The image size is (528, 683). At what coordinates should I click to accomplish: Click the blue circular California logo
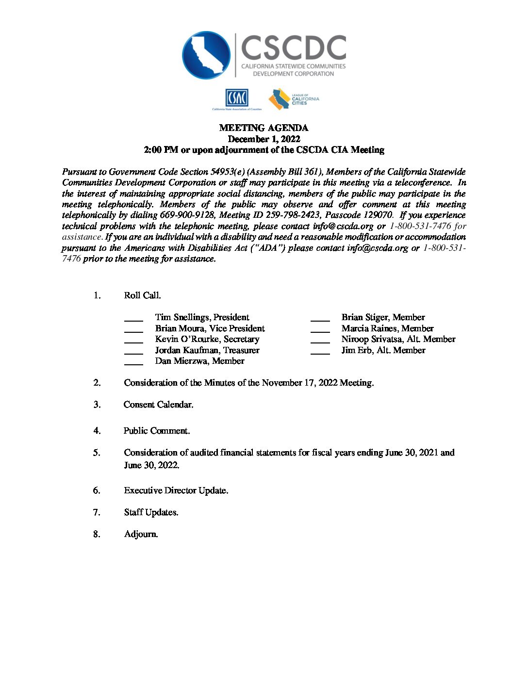tap(206, 55)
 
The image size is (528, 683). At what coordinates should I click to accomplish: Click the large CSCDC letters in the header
tap(293, 48)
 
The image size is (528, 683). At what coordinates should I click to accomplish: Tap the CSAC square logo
tap(236, 98)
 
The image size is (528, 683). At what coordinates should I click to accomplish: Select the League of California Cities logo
tap(294, 99)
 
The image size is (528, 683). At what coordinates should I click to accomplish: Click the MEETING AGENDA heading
tap(264, 128)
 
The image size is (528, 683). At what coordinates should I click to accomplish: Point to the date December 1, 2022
tap(264, 139)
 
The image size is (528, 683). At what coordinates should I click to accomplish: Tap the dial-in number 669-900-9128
tap(187, 215)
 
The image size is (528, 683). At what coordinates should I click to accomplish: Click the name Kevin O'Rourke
tap(187, 339)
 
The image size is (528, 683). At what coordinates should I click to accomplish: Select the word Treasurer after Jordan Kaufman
tap(241, 350)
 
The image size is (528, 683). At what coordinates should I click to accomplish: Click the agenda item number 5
tap(97, 453)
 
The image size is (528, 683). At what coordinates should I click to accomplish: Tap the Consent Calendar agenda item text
tap(158, 405)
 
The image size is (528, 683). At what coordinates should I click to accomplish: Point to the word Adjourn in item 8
tap(141, 534)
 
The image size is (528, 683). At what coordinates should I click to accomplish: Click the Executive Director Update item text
tap(176, 490)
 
